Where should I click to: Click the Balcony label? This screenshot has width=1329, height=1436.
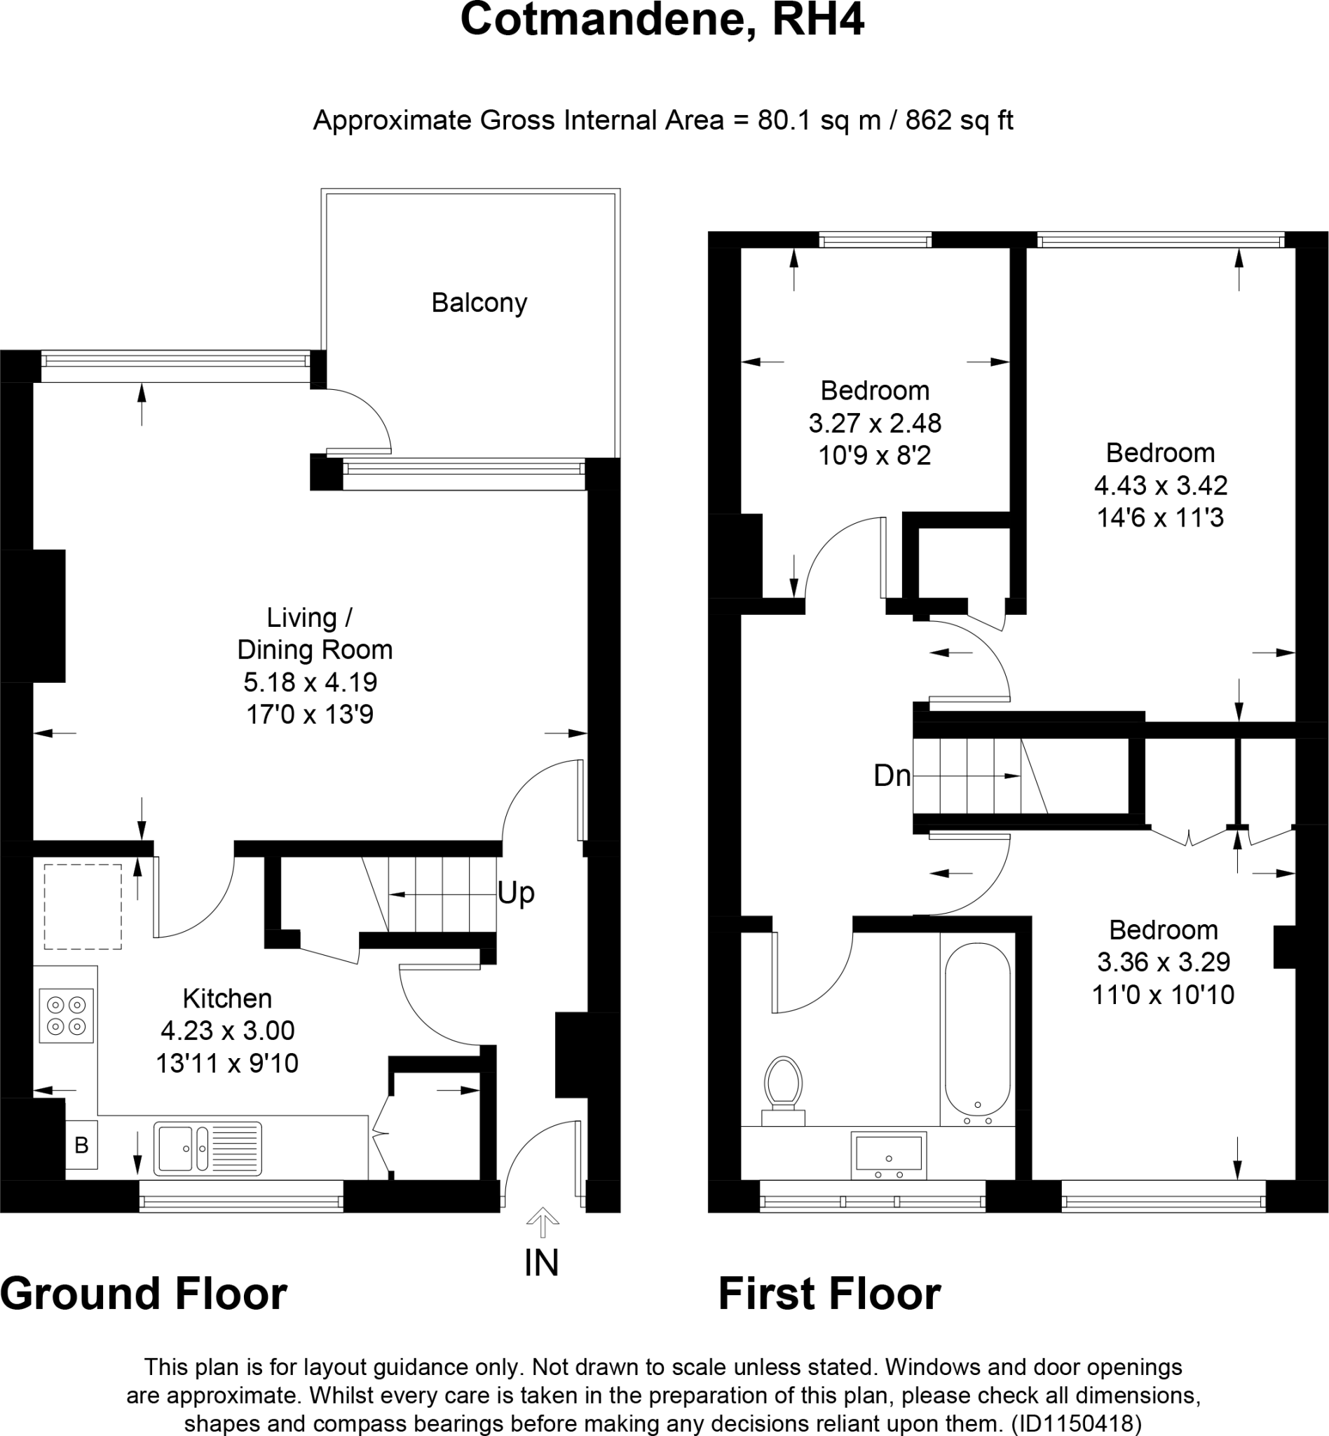[x=479, y=303]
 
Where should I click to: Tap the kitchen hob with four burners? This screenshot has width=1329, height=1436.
[x=66, y=1015]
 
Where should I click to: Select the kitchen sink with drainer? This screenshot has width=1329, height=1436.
[x=207, y=1149]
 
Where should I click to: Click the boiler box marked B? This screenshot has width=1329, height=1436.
[x=81, y=1144]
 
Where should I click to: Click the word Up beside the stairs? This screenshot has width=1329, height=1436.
[x=516, y=893]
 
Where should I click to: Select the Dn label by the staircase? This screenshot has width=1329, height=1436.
[x=892, y=775]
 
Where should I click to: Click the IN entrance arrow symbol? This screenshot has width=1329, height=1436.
[x=543, y=1221]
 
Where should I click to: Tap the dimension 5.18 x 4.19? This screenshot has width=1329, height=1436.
[x=310, y=682]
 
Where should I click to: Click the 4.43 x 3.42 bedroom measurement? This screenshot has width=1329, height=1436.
[x=1160, y=486]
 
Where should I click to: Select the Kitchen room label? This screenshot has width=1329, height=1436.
[x=227, y=998]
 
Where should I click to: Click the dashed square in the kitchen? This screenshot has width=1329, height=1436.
[x=83, y=907]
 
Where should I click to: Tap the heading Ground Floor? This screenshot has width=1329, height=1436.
[x=144, y=1313]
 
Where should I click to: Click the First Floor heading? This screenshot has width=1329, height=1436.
[x=829, y=1313]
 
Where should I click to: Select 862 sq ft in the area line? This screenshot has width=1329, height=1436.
[x=959, y=120]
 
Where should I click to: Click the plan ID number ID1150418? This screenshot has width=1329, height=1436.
[x=1076, y=1423]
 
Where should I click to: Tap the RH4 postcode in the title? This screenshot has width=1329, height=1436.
[x=818, y=20]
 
